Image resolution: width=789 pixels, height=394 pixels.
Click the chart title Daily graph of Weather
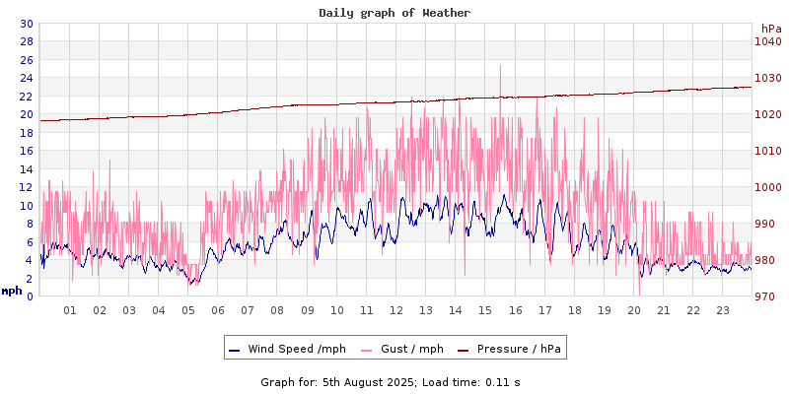point(394,13)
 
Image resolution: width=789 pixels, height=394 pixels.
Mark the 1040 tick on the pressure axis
point(767,41)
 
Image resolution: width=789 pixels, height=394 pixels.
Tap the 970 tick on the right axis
point(767,296)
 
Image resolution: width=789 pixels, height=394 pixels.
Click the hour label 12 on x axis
point(396,310)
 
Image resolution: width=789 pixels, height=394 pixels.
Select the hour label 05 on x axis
point(188,310)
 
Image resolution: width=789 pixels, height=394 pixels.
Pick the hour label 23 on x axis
point(723,310)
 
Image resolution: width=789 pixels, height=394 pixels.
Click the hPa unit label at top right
point(770,29)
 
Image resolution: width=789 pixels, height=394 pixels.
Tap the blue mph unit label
point(12,291)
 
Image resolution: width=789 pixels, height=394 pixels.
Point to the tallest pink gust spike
point(500,67)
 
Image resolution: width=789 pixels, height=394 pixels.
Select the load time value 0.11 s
point(503,381)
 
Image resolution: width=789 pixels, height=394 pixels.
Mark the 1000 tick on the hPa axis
point(767,187)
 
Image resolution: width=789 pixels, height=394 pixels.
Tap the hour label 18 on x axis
point(575,310)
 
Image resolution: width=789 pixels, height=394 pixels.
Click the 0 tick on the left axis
point(30,296)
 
